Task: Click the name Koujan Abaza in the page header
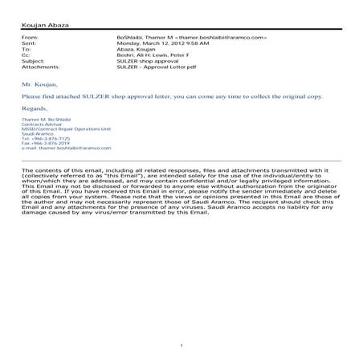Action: [x=47, y=27]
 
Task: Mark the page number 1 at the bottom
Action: [x=183, y=345]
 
